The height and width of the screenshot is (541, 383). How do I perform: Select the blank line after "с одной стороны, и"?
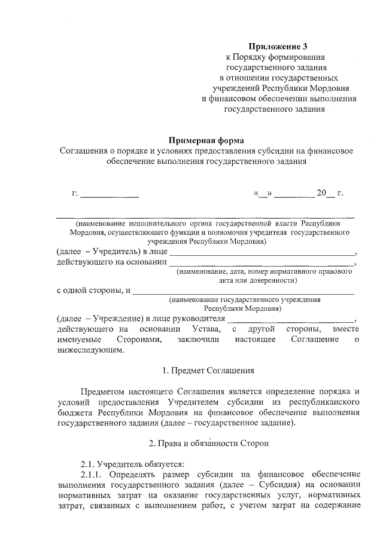(x=243, y=292)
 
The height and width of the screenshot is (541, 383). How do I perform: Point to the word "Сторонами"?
(x=139, y=340)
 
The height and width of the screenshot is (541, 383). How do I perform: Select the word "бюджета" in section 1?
(x=75, y=412)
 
